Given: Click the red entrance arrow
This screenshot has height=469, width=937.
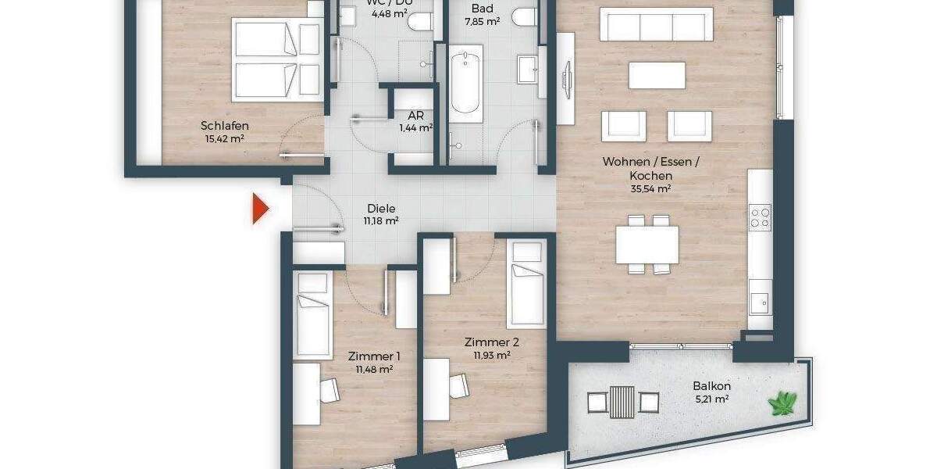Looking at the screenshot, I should [260, 209].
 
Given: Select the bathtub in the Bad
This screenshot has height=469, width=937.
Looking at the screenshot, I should [465, 80].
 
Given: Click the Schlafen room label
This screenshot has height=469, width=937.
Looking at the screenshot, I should [224, 126].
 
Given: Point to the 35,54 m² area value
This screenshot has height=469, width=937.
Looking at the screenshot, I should [650, 188].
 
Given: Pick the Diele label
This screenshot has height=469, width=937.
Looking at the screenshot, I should [381, 209].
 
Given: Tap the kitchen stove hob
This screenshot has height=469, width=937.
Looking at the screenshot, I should [760, 217].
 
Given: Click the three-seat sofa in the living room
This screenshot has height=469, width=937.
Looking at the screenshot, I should [655, 24].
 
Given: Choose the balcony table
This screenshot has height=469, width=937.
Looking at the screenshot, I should [622, 403].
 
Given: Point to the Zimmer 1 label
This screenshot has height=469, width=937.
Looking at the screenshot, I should [369, 356].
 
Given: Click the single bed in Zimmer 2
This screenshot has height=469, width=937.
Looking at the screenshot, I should [526, 285].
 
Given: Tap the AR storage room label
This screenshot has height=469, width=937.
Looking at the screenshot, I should [415, 115].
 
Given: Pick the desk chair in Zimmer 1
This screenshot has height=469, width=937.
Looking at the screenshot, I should [330, 389].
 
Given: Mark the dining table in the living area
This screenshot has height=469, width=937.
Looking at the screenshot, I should [647, 244].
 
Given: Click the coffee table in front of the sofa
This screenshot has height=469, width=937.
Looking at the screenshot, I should [657, 76].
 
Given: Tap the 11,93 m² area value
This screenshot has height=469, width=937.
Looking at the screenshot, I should [491, 355].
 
